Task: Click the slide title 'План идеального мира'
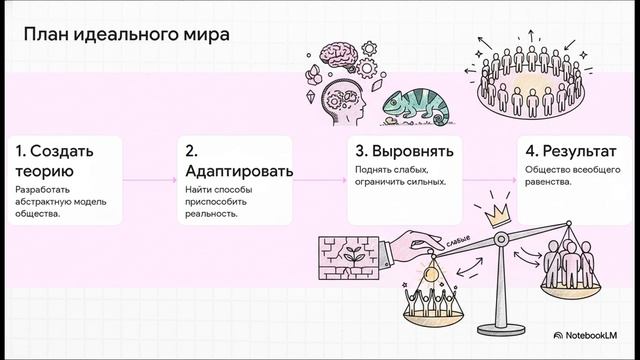(x=125, y=34)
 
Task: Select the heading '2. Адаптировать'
(x=239, y=161)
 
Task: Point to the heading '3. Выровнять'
(x=404, y=152)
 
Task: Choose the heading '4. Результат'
(x=571, y=152)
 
